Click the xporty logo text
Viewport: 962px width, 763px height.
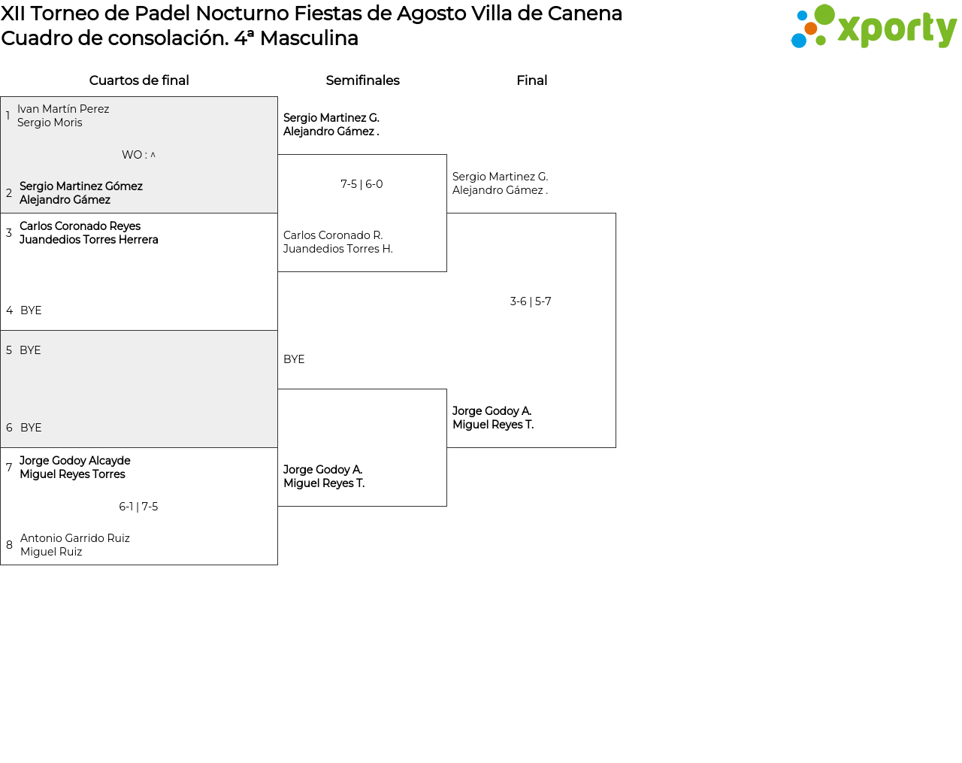[897, 29]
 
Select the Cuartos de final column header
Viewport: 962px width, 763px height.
[139, 80]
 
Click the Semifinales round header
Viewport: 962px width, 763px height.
[362, 80]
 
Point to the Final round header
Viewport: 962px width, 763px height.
[531, 80]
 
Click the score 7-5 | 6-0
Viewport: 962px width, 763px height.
[362, 184]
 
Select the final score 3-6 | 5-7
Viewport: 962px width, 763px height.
[531, 301]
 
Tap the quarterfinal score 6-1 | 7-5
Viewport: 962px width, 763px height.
[138, 507]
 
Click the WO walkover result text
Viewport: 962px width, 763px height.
[138, 155]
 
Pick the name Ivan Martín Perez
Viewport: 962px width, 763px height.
[63, 109]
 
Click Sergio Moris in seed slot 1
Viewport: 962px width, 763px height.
[50, 123]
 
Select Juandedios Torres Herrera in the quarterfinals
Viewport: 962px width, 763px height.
[89, 240]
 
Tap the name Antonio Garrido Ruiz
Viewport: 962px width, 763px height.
[74, 538]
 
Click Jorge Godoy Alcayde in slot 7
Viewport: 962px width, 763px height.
[74, 461]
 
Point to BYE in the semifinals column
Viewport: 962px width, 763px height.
[294, 359]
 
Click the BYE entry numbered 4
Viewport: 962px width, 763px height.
[31, 310]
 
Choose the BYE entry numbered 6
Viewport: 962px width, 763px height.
[31, 428]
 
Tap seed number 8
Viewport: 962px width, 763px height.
[9, 545]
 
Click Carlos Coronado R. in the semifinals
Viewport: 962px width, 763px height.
[333, 235]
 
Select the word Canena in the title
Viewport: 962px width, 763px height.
[585, 14]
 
